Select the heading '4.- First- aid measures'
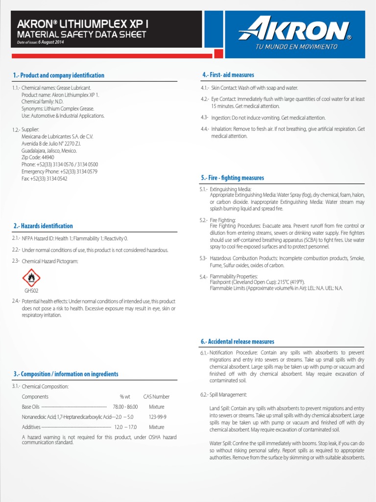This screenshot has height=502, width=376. point(228,75)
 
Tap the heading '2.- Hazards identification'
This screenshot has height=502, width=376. point(43,226)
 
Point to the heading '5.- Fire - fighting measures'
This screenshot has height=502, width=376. point(233,178)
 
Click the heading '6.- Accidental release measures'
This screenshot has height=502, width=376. point(237,342)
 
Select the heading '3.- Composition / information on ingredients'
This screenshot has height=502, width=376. point(66,374)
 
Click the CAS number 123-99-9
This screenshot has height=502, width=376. point(157,417)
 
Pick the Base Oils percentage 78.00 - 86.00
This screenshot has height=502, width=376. point(125,407)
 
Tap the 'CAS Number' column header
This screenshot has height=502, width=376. point(156,397)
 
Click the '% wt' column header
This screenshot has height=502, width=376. point(125,397)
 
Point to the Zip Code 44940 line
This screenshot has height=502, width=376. point(38,158)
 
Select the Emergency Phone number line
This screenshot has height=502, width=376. point(59,172)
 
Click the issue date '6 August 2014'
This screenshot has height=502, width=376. point(49,42)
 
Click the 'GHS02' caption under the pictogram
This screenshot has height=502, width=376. point(31,291)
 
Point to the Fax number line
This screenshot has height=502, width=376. point(45,179)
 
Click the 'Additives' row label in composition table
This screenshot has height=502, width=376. point(32,427)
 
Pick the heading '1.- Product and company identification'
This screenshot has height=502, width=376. point(59,75)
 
